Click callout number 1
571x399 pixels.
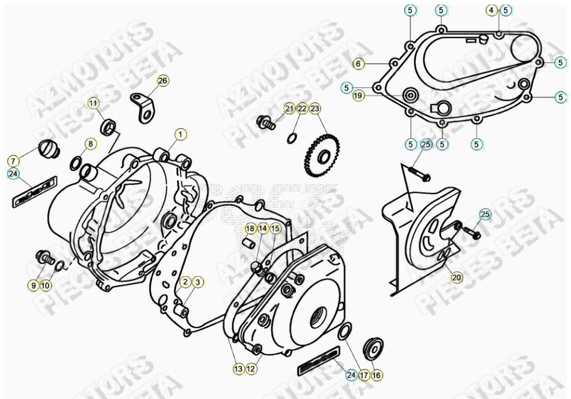tap(181, 135)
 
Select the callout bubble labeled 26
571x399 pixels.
tap(163, 82)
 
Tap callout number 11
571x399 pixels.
tap(93, 103)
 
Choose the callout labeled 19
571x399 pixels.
tap(358, 96)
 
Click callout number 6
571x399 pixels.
tap(358, 64)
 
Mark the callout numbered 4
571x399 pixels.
tap(491, 10)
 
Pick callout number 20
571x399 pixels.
tap(456, 277)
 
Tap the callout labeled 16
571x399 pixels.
tap(377, 375)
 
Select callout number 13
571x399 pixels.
tap(237, 369)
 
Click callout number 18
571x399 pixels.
tap(250, 228)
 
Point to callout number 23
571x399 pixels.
tap(316, 108)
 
